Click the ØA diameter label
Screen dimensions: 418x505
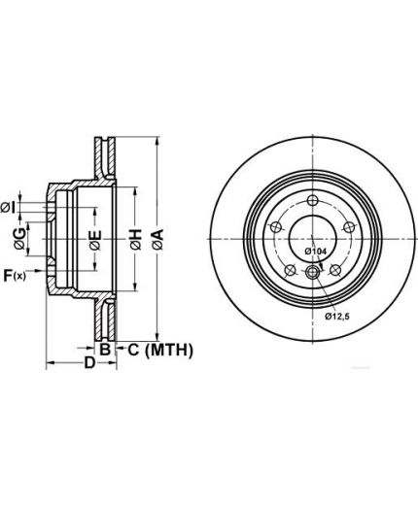point(157,239)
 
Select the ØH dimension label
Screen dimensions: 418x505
point(136,239)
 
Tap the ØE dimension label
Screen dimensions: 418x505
point(95,240)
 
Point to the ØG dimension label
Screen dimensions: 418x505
point(19,238)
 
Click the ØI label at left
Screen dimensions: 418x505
point(8,207)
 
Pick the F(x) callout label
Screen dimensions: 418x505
point(15,275)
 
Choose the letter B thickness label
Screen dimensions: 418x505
point(105,349)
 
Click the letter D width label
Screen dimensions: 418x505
point(89,362)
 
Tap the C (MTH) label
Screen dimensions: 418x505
point(160,350)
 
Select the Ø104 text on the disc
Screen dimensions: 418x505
point(315,251)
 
